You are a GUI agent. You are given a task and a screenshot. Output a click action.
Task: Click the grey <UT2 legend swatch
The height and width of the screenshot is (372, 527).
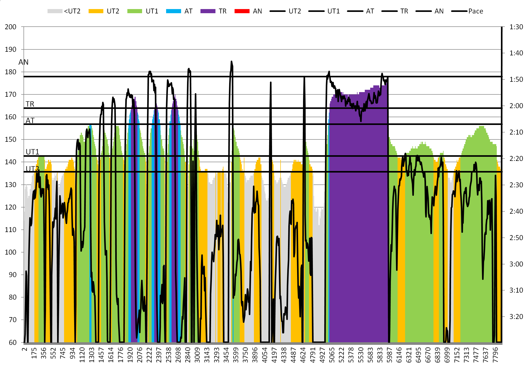point(55,11)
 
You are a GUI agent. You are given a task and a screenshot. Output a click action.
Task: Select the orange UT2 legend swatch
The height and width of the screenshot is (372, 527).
point(96,11)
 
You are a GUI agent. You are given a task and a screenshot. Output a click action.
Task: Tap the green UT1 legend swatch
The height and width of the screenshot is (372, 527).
point(135,11)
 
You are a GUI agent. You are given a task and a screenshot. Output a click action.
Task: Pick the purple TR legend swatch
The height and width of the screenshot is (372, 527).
point(208,11)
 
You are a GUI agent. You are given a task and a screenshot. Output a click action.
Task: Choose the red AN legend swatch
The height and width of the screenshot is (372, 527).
point(242,11)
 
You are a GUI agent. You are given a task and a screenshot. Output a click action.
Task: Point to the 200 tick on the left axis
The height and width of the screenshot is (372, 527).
point(11,27)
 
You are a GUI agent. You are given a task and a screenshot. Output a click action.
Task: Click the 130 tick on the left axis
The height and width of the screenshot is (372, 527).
point(11,185)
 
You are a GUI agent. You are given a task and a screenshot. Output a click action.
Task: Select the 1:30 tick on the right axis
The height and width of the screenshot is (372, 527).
point(516,27)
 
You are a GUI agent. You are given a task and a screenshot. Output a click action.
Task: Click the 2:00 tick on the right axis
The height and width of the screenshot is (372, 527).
point(516,106)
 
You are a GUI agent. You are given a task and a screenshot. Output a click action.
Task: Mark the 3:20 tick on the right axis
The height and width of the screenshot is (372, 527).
point(516,316)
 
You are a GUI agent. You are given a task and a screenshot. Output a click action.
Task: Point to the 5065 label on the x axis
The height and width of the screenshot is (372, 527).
point(332,355)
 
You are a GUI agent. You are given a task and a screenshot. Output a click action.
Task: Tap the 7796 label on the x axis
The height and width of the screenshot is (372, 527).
point(495,355)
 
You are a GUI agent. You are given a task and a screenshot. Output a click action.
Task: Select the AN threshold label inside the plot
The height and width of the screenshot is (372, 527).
point(24,62)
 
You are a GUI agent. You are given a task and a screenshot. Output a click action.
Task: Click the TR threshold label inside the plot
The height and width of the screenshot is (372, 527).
point(30,104)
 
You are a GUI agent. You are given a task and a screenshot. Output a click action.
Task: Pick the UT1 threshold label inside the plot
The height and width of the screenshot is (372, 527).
point(32,152)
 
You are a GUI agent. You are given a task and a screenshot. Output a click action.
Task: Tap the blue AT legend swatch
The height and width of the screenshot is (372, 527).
point(173,11)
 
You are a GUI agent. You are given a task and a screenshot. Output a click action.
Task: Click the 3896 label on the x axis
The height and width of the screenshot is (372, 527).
point(255,355)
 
